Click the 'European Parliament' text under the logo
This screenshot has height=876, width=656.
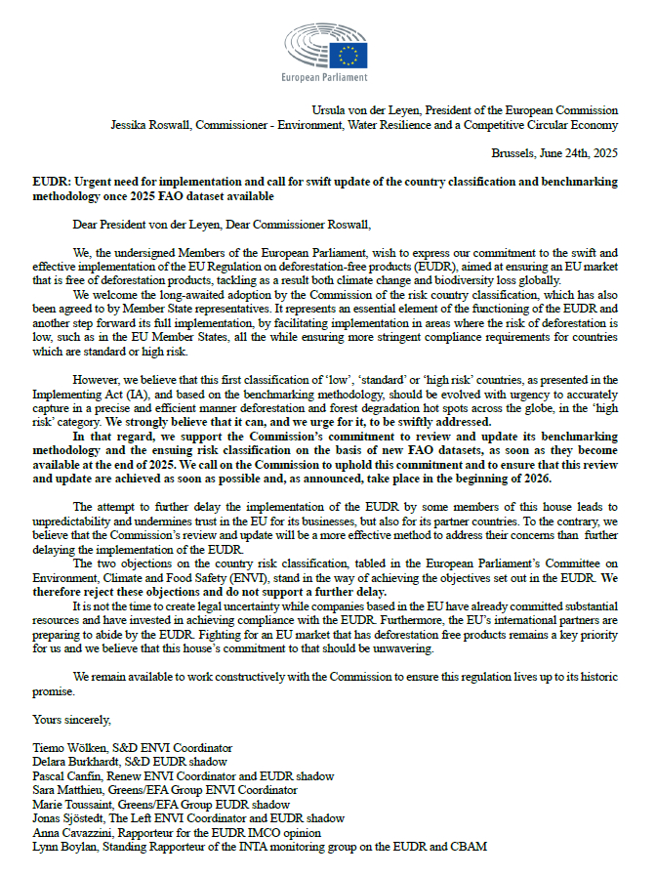pyautogui.click(x=323, y=77)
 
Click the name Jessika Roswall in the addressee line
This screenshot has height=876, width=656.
pyautogui.click(x=149, y=125)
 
